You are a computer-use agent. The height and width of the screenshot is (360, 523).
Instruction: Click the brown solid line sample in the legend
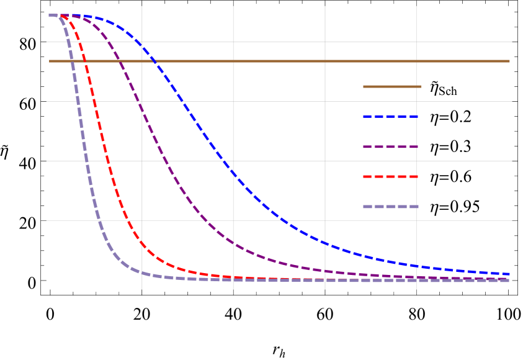[x=392, y=86]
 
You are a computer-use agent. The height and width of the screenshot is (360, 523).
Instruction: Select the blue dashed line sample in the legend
[x=390, y=116]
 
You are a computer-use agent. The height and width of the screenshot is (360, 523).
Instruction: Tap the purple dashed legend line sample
[x=390, y=146]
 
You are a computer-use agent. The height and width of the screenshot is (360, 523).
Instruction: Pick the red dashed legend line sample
[x=390, y=176]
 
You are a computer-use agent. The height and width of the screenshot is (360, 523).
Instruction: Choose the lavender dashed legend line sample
[x=390, y=206]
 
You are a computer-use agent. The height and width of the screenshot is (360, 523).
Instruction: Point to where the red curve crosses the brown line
[x=85, y=61]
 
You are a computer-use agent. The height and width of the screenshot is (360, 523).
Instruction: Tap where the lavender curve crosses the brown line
[x=71, y=61]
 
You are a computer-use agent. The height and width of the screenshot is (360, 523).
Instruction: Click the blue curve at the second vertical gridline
[x=233, y=172]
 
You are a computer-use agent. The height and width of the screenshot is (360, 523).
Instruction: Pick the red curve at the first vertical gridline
[x=142, y=242]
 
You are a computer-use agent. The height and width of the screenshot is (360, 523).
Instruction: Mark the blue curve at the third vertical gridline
[x=324, y=242]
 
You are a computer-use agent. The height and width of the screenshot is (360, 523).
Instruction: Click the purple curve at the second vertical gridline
[x=233, y=243]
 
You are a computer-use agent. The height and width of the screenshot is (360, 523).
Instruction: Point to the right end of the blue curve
[x=509, y=274]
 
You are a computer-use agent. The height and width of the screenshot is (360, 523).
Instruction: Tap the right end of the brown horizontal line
[x=509, y=61]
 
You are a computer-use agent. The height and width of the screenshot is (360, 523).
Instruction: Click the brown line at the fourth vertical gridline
[x=416, y=61]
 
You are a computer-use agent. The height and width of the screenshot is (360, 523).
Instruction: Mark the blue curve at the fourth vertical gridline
[x=416, y=266]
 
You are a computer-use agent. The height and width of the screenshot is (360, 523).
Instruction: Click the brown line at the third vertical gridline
[x=324, y=61]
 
